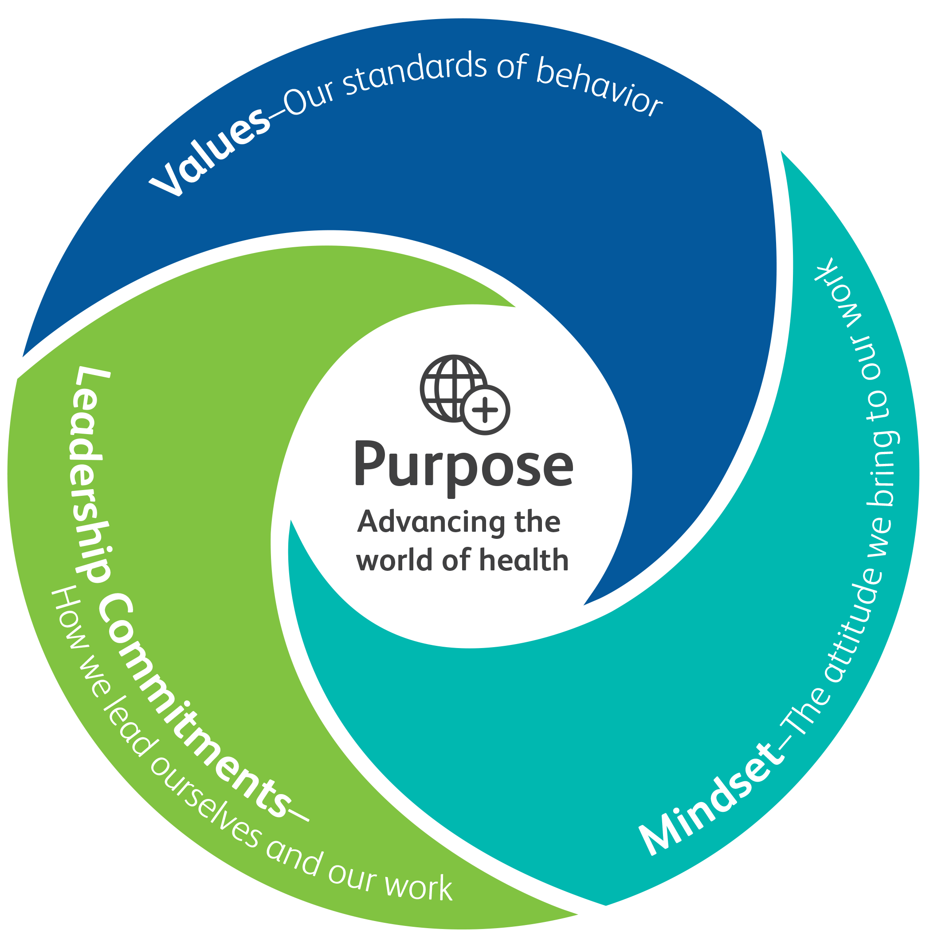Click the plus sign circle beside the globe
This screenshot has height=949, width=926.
(485, 410)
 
